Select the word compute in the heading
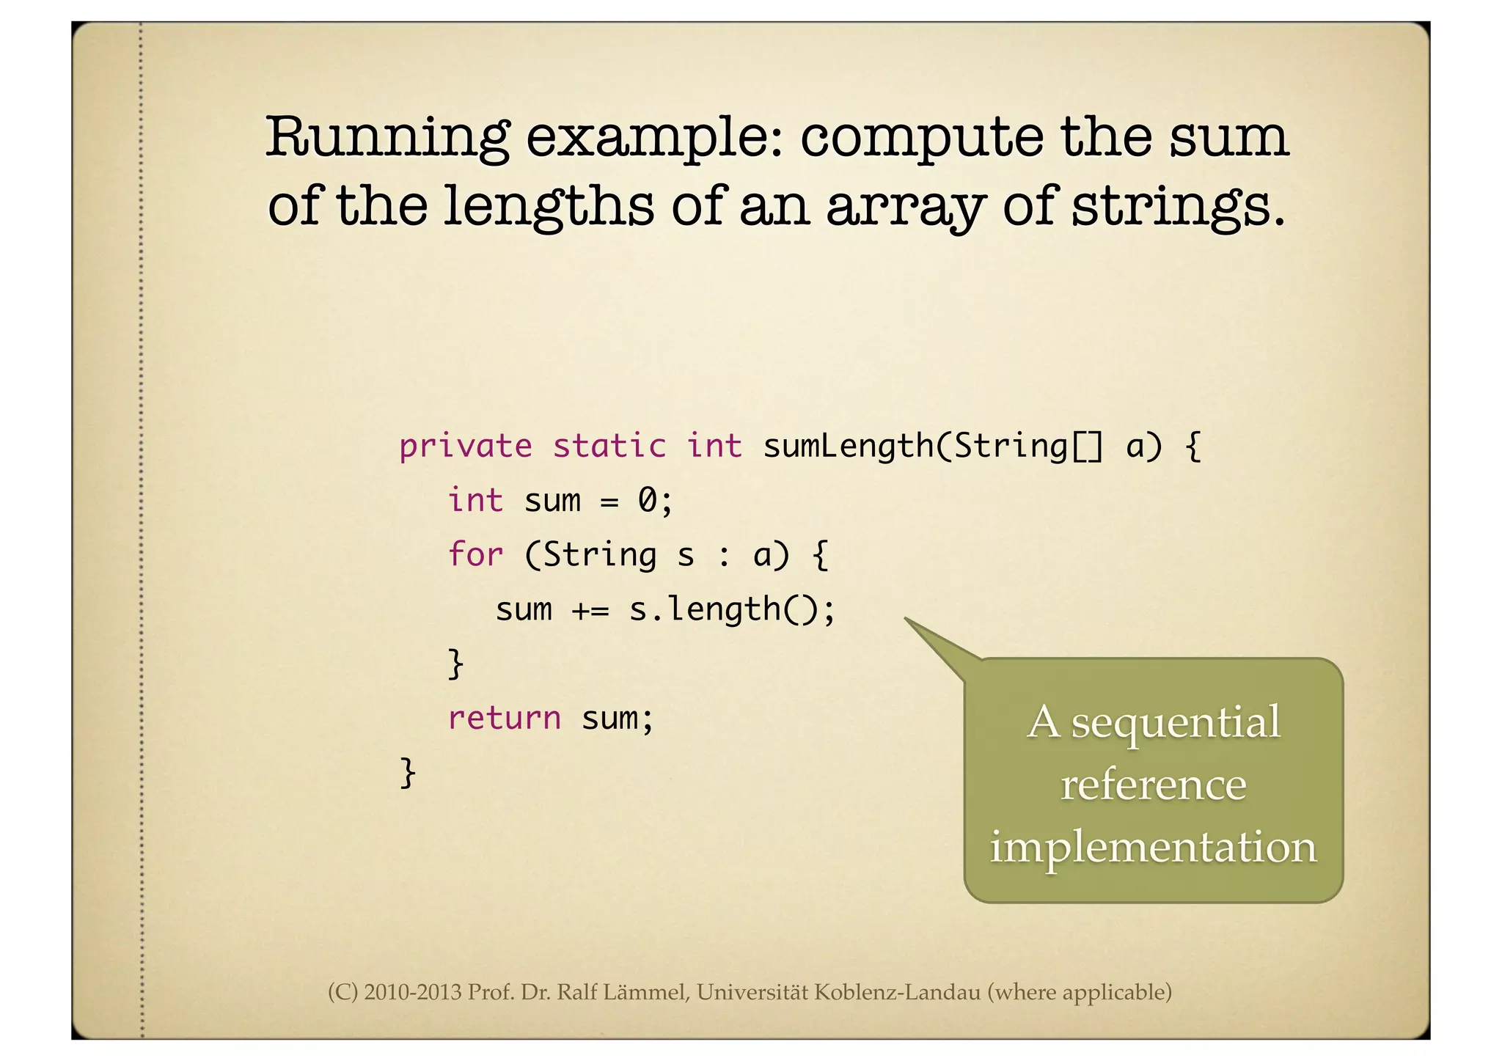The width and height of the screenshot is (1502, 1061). tap(920, 137)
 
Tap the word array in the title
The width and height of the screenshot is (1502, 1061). tap(905, 206)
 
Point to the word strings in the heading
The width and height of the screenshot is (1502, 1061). tap(1178, 206)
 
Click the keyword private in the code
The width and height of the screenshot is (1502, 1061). tap(466, 447)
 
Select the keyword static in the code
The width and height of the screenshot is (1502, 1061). tap(609, 447)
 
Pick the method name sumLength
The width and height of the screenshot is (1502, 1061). tap(848, 447)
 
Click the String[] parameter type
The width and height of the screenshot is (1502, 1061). tap(1027, 447)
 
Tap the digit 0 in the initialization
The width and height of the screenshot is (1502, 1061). tap(648, 501)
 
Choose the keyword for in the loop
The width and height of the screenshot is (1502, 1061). tap(475, 554)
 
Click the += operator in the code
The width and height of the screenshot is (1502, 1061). tap(590, 610)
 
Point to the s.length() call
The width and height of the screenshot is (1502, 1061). tap(730, 610)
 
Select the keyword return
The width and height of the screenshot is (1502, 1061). tap(504, 718)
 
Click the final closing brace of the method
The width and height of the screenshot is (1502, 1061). tap(408, 773)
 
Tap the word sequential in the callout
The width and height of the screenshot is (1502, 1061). tap(1176, 723)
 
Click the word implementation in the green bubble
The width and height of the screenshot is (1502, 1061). tap(1153, 848)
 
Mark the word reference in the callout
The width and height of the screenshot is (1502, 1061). tap(1153, 785)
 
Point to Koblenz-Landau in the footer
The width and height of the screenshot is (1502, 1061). tap(897, 993)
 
